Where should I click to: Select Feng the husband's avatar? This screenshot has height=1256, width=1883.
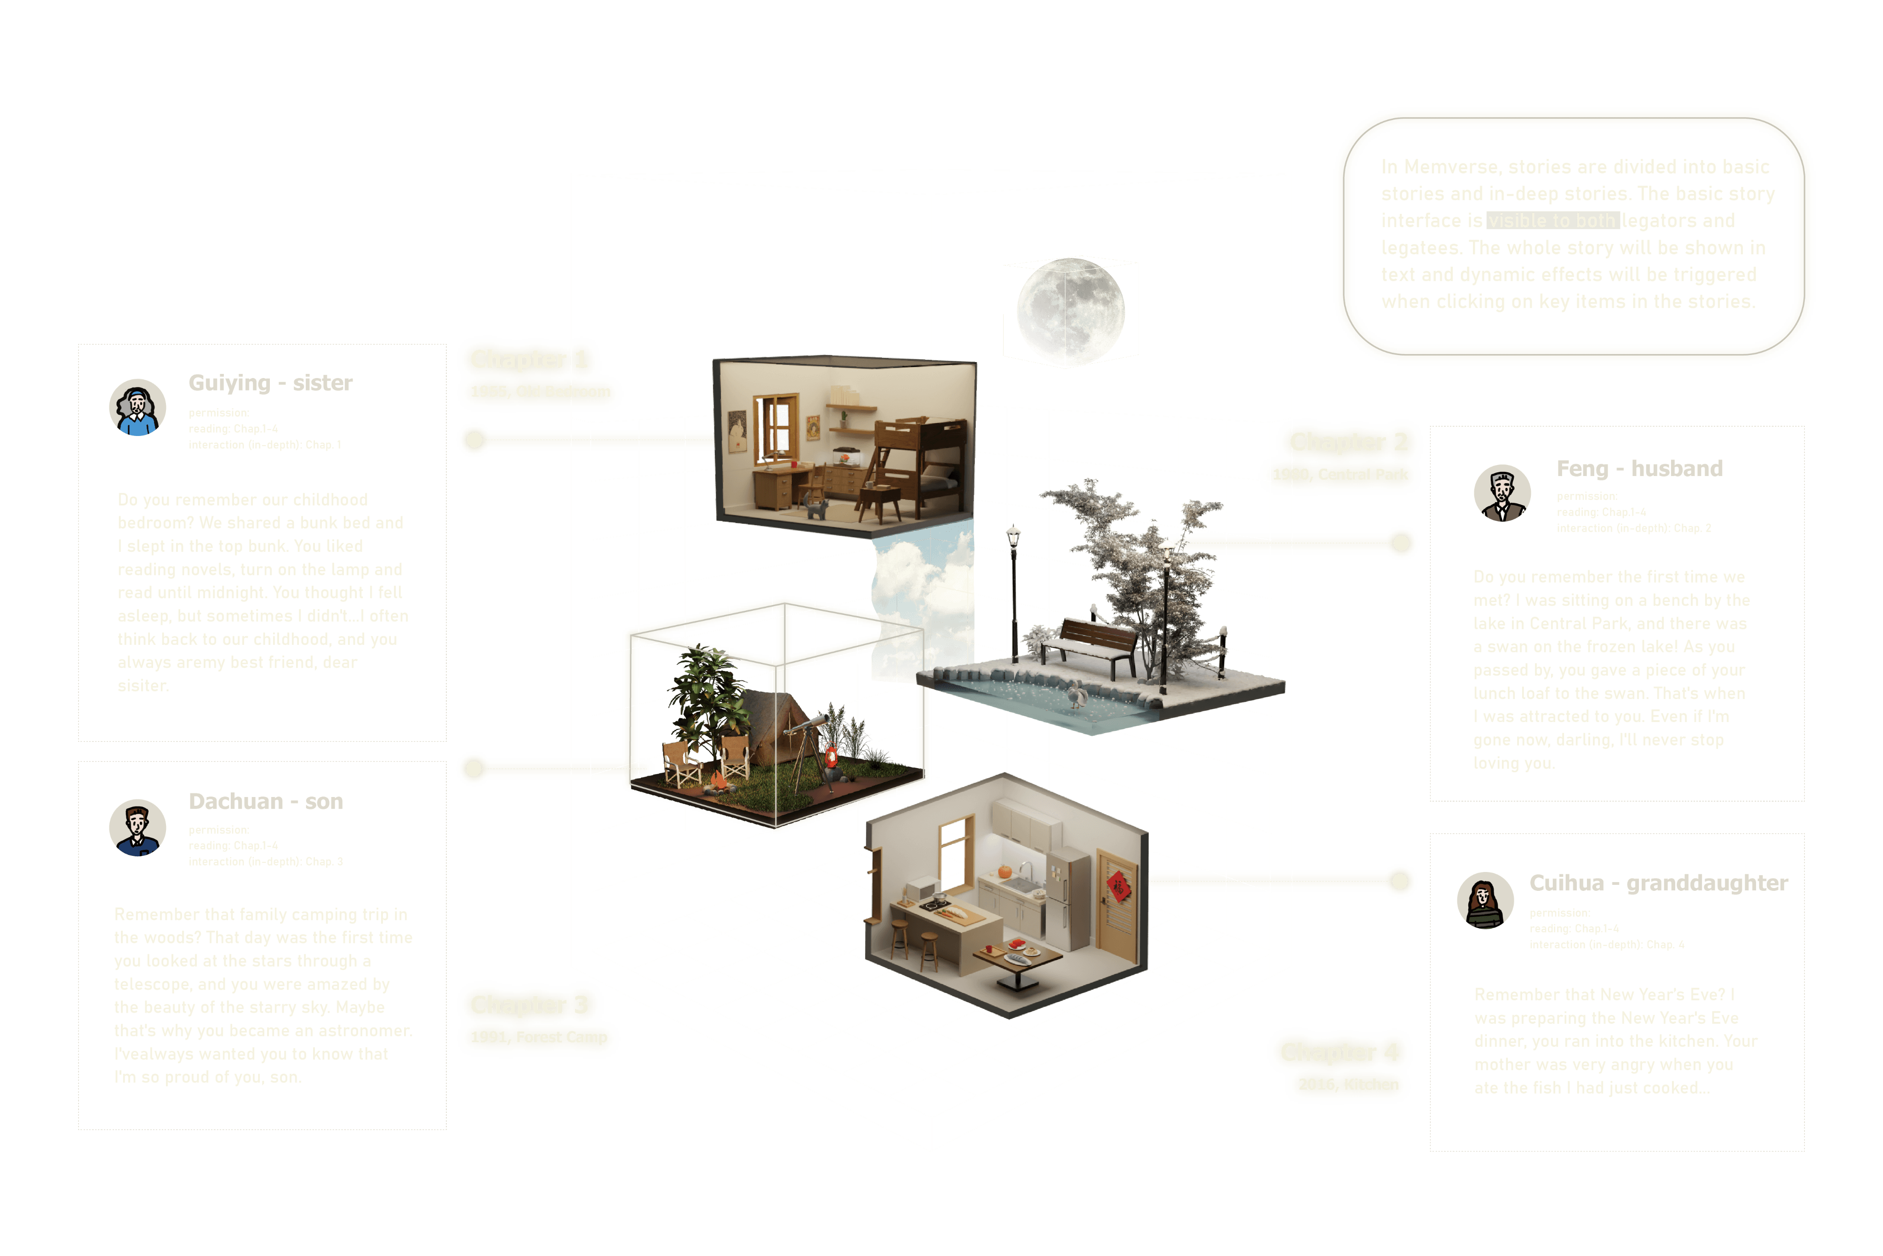tap(1502, 493)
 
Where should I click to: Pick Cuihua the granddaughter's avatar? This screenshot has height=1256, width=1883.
tap(1485, 900)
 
